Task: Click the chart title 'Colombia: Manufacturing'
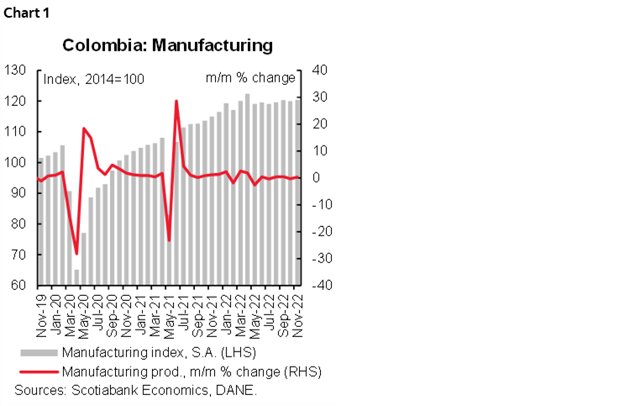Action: point(168,45)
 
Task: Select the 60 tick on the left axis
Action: point(19,285)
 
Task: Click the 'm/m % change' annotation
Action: point(250,78)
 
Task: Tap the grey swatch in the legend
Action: point(38,351)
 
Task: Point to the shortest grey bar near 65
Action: point(76,277)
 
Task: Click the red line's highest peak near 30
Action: point(176,102)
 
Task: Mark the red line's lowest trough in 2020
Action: point(76,253)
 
